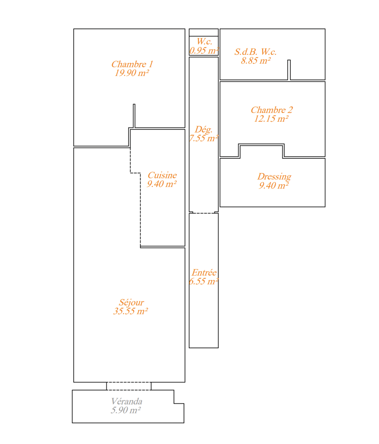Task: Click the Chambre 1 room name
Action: pyautogui.click(x=132, y=64)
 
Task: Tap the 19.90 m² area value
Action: pyautogui.click(x=132, y=73)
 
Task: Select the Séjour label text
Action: pyautogui.click(x=131, y=303)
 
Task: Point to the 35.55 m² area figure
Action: pyautogui.click(x=131, y=311)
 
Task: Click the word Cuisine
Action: pyautogui.click(x=162, y=175)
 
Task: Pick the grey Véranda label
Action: pyautogui.click(x=127, y=401)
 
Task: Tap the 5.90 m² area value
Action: pyautogui.click(x=126, y=410)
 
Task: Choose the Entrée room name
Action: pyautogui.click(x=204, y=273)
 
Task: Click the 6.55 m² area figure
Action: pyautogui.click(x=204, y=282)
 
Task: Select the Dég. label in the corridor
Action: pyautogui.click(x=204, y=130)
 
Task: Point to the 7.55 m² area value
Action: pyautogui.click(x=204, y=138)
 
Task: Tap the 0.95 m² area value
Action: pyautogui.click(x=204, y=51)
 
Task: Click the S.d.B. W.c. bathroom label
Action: pyautogui.click(x=255, y=52)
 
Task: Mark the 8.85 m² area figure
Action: pyautogui.click(x=256, y=61)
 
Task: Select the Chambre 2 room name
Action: pyautogui.click(x=272, y=110)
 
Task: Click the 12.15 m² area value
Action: pyautogui.click(x=271, y=119)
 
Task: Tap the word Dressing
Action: pyautogui.click(x=274, y=177)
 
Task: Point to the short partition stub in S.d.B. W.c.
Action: pyautogui.click(x=289, y=70)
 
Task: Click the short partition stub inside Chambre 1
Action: pyautogui.click(x=134, y=116)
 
